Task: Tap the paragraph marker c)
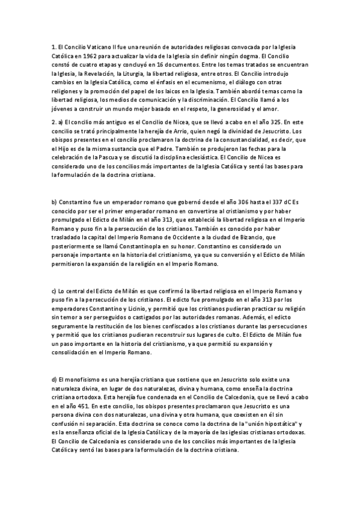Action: coord(54,291)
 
